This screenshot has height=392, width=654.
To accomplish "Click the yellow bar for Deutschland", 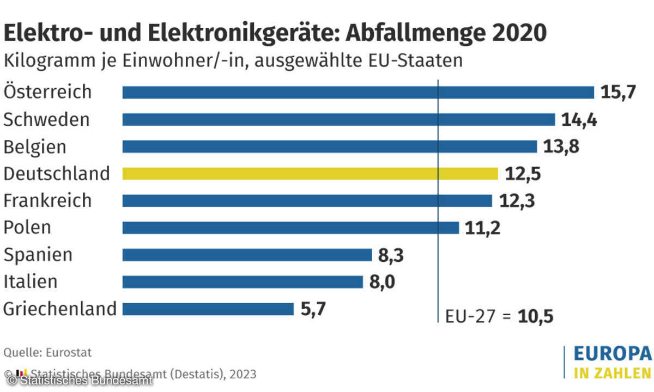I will [310, 174].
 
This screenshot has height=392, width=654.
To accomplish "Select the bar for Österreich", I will [358, 93].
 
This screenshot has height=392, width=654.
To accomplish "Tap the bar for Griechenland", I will [208, 309].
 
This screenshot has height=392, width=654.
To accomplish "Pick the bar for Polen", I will [290, 228].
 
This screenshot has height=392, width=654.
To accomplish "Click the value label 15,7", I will [618, 93].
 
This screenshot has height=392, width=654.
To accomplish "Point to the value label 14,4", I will [579, 120].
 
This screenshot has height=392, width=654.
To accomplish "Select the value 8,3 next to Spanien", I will [391, 255].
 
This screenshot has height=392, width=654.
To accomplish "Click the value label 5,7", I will [314, 309].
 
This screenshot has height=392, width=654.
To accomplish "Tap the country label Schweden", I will [46, 120].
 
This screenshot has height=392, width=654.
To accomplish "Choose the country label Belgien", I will [35, 147].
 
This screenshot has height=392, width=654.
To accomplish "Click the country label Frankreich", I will [47, 200].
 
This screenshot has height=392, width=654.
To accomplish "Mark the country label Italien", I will [30, 282].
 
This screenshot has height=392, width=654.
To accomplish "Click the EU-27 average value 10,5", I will [536, 316].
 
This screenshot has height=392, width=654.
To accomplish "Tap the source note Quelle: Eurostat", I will [47, 352].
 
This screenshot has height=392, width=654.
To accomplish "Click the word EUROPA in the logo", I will [612, 354].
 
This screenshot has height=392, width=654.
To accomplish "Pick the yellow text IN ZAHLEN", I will [611, 373].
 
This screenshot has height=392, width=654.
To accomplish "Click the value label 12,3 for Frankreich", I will [517, 201].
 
